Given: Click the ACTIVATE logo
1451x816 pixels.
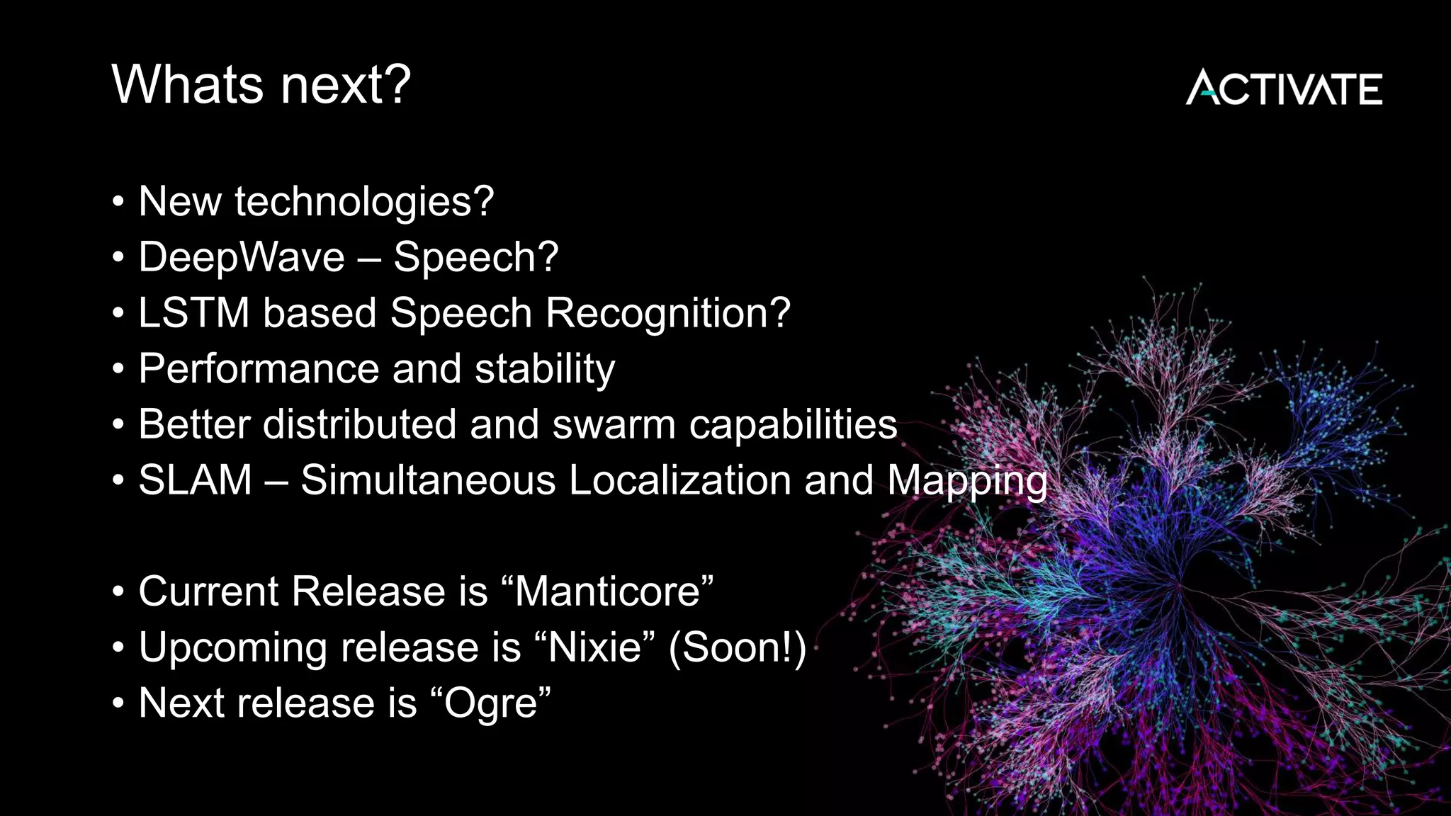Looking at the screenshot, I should coord(1284,89).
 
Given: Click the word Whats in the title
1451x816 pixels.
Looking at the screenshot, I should coord(188,85).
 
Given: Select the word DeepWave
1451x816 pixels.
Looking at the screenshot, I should coord(241,257).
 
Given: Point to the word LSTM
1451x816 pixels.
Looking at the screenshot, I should coord(193,312).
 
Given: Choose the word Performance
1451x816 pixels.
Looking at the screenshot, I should coord(259,368).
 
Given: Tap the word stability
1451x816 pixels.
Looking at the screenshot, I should coord(544,368).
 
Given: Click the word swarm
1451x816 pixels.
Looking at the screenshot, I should coord(614,425).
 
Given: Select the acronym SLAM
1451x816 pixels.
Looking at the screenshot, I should coord(195,480).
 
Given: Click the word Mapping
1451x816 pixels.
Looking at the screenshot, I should coord(967,480).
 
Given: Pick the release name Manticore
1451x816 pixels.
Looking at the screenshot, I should coord(607,591).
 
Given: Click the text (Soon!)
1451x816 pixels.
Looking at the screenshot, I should coord(738,647).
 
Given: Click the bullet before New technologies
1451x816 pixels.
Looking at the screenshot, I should coord(118,203).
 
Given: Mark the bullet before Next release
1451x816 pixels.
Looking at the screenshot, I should coord(118,704).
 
